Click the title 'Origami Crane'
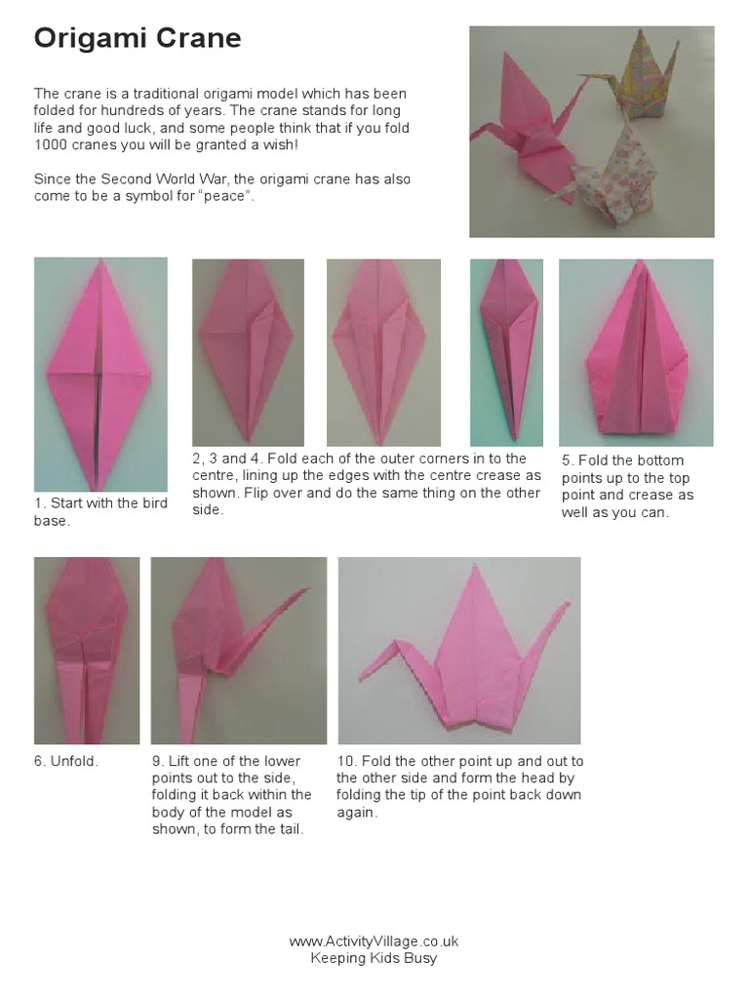(x=138, y=38)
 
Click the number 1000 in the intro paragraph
(x=51, y=144)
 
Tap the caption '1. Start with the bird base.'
(x=99, y=511)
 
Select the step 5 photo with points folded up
(x=635, y=352)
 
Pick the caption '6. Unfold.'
(x=66, y=761)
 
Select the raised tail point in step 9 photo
(x=297, y=596)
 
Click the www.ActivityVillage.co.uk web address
(x=374, y=941)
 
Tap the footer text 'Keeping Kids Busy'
(x=374, y=958)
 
